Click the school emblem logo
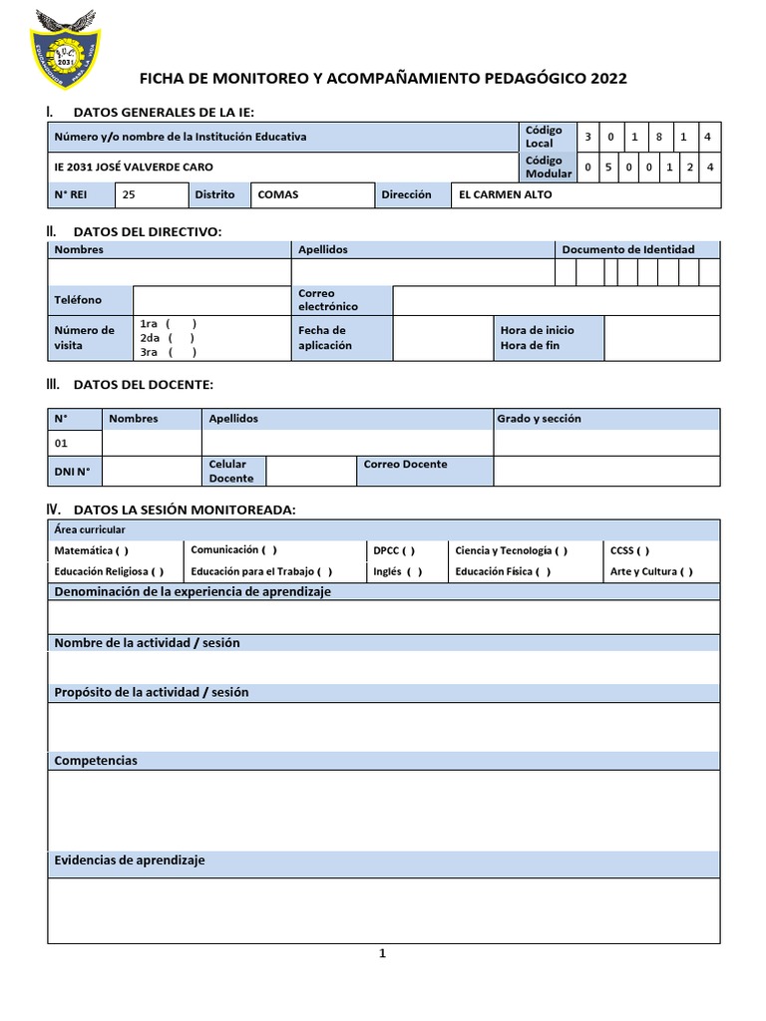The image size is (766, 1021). [61, 47]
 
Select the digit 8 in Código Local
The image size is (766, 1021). [659, 137]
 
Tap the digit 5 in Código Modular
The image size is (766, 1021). [608, 167]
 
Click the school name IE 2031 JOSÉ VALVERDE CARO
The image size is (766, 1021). [133, 167]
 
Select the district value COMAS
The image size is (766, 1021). [278, 194]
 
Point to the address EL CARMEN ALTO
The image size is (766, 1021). [505, 194]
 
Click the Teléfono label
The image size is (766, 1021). [78, 300]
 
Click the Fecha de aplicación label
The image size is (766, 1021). [324, 337]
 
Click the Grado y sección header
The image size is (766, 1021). [539, 419]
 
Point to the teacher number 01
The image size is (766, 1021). [62, 443]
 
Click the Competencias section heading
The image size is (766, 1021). [96, 761]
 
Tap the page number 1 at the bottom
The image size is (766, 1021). [382, 954]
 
